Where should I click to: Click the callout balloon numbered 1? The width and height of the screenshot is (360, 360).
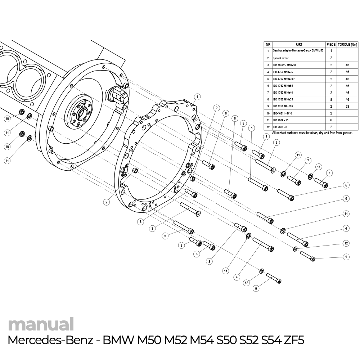click(x=197, y=96)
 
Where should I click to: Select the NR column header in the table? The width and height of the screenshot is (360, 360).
click(x=268, y=44)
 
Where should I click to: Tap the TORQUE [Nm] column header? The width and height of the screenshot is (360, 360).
click(x=347, y=44)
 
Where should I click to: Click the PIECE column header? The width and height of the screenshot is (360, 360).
click(x=331, y=44)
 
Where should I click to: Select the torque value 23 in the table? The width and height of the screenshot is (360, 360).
click(x=347, y=107)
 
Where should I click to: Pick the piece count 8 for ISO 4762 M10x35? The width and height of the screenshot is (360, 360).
click(x=331, y=99)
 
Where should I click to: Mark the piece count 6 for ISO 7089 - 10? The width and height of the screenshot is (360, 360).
click(x=331, y=120)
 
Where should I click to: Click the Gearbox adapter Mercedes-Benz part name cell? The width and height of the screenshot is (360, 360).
click(x=298, y=51)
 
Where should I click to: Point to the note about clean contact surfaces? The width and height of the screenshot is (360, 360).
click(x=312, y=133)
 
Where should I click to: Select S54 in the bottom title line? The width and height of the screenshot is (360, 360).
click(x=264, y=341)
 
